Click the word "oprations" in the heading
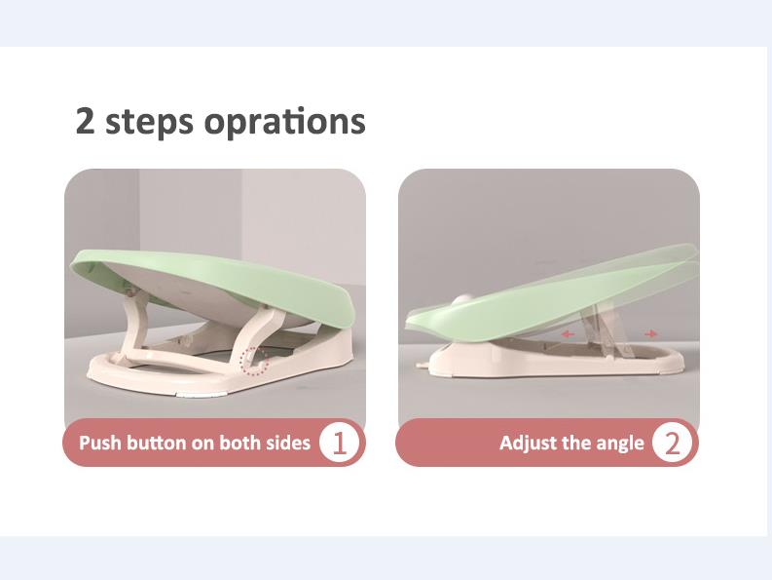tap(284, 121)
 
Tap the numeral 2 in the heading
tap(85, 120)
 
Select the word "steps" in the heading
tap(149, 122)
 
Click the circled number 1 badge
tap(339, 443)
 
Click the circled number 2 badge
tap(673, 443)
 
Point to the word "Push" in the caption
tap(100, 443)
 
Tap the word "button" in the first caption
tap(156, 443)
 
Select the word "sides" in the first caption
tap(288, 443)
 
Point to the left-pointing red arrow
tap(568, 334)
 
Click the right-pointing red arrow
tap(651, 334)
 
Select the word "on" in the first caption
tap(202, 444)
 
